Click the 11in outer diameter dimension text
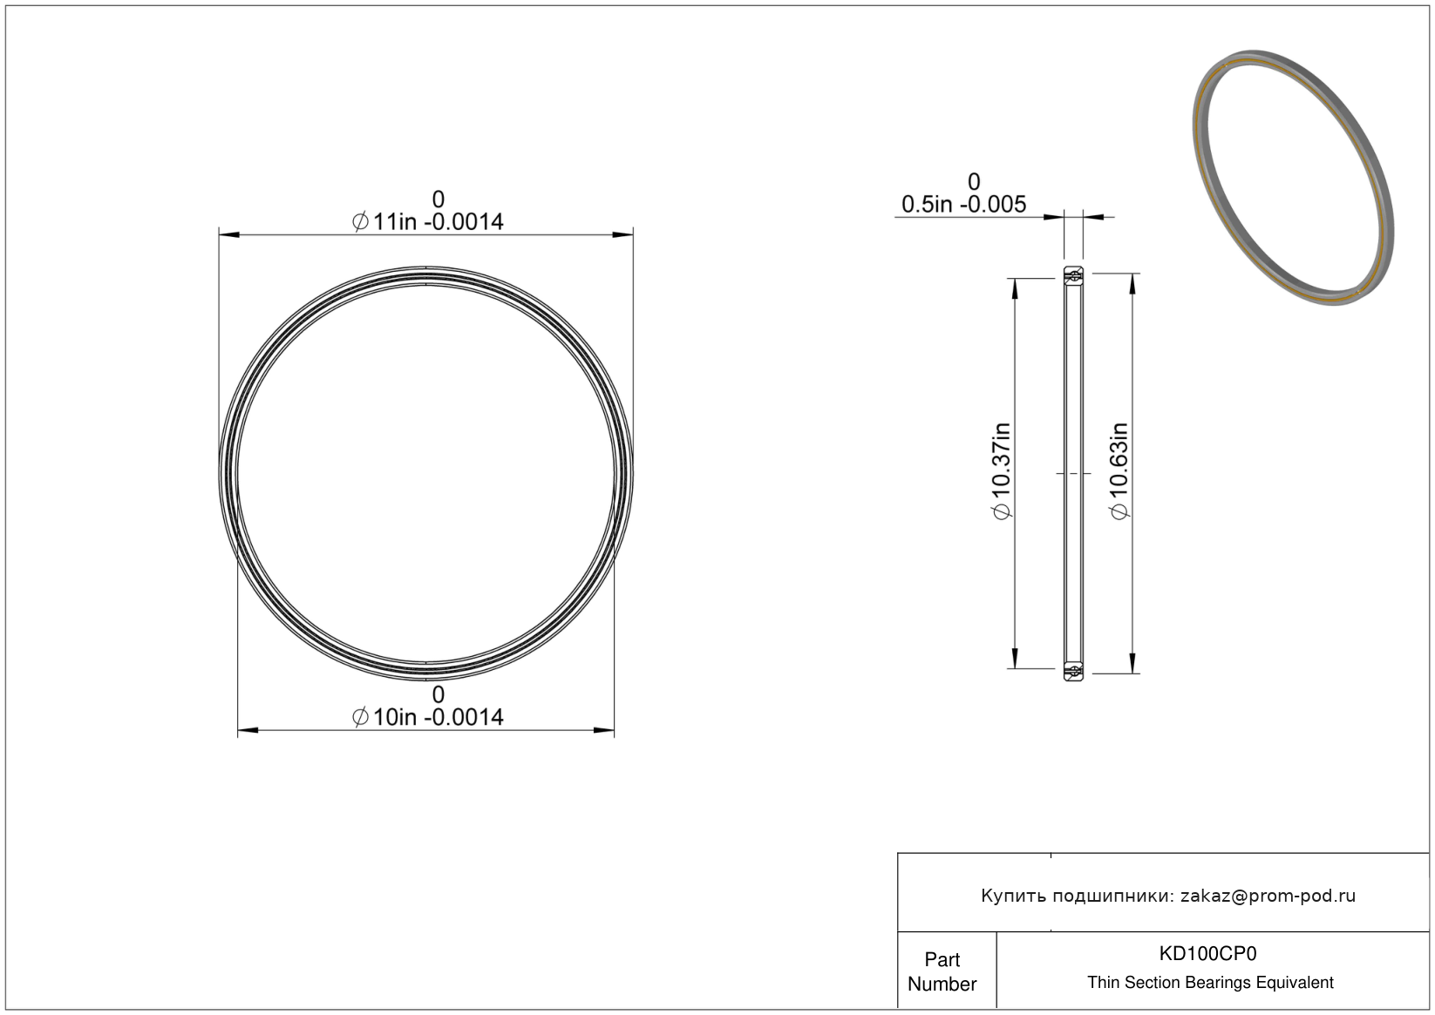pos(427,221)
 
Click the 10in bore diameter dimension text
pos(427,717)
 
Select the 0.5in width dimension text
pos(963,204)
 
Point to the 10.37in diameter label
pos(1002,471)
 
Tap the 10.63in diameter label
pos(1119,471)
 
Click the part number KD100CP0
pos(1207,953)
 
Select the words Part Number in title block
pos(942,971)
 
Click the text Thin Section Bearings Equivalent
pos(1210,983)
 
